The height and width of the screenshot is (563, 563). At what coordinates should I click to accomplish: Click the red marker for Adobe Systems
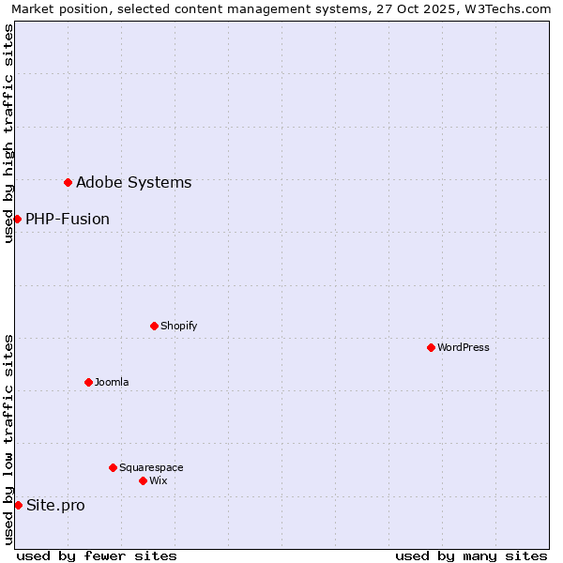click(x=68, y=182)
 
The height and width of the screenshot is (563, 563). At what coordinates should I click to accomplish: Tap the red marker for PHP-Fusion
click(x=17, y=219)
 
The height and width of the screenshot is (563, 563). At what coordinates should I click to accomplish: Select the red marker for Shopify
click(x=154, y=326)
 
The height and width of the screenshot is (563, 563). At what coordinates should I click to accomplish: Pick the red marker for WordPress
click(x=431, y=347)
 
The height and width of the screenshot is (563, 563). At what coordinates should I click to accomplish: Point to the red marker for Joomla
click(x=88, y=382)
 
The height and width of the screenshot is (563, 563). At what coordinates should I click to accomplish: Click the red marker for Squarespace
click(x=113, y=467)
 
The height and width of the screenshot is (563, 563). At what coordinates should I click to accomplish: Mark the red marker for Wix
click(x=143, y=480)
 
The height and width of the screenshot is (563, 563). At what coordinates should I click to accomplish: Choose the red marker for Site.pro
click(x=18, y=505)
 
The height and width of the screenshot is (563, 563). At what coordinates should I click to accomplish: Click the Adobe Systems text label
click(x=133, y=182)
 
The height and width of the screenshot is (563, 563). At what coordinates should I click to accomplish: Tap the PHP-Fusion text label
click(x=68, y=219)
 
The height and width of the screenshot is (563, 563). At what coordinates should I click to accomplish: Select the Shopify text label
click(x=178, y=326)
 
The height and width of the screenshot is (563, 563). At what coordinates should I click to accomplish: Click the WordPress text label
click(x=464, y=347)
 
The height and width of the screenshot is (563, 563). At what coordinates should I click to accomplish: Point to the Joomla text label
click(x=112, y=382)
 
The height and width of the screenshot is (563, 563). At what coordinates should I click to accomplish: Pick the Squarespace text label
click(x=151, y=467)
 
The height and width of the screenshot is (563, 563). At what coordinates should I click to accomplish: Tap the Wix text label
click(x=158, y=480)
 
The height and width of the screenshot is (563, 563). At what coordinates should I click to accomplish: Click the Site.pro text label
click(x=55, y=505)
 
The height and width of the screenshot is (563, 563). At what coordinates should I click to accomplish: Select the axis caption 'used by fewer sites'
click(x=97, y=555)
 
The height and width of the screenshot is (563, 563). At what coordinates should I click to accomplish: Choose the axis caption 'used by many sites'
click(x=471, y=555)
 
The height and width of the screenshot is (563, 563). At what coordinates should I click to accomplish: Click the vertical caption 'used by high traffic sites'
click(x=8, y=133)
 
